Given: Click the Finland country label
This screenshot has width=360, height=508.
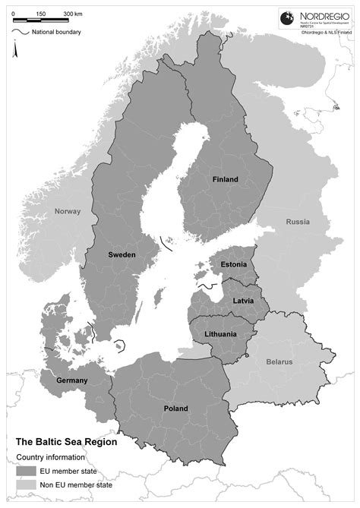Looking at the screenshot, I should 225,180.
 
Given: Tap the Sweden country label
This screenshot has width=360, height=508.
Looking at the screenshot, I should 122,255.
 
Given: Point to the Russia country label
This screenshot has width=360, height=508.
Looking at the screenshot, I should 298,222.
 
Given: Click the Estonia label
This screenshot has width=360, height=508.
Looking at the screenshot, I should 234,264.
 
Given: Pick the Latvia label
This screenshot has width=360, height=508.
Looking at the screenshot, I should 243,301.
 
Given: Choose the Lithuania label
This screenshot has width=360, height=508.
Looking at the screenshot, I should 221,334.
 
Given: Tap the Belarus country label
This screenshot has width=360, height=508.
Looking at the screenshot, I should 279,362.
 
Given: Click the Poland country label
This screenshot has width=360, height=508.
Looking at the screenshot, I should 175,409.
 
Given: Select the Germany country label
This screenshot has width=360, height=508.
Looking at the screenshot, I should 72,380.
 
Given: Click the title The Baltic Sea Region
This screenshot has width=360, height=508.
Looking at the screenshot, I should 67,440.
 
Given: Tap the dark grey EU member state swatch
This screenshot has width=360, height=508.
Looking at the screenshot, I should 26,471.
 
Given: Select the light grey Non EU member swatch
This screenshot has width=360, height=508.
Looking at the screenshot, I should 26,484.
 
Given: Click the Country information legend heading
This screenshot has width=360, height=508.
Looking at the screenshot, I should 53,457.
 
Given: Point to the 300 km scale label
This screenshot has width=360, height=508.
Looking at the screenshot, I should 74,14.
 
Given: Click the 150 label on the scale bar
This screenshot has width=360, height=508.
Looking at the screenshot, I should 40,14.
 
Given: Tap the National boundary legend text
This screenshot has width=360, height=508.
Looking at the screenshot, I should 57,32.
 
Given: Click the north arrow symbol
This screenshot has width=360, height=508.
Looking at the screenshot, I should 14,49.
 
